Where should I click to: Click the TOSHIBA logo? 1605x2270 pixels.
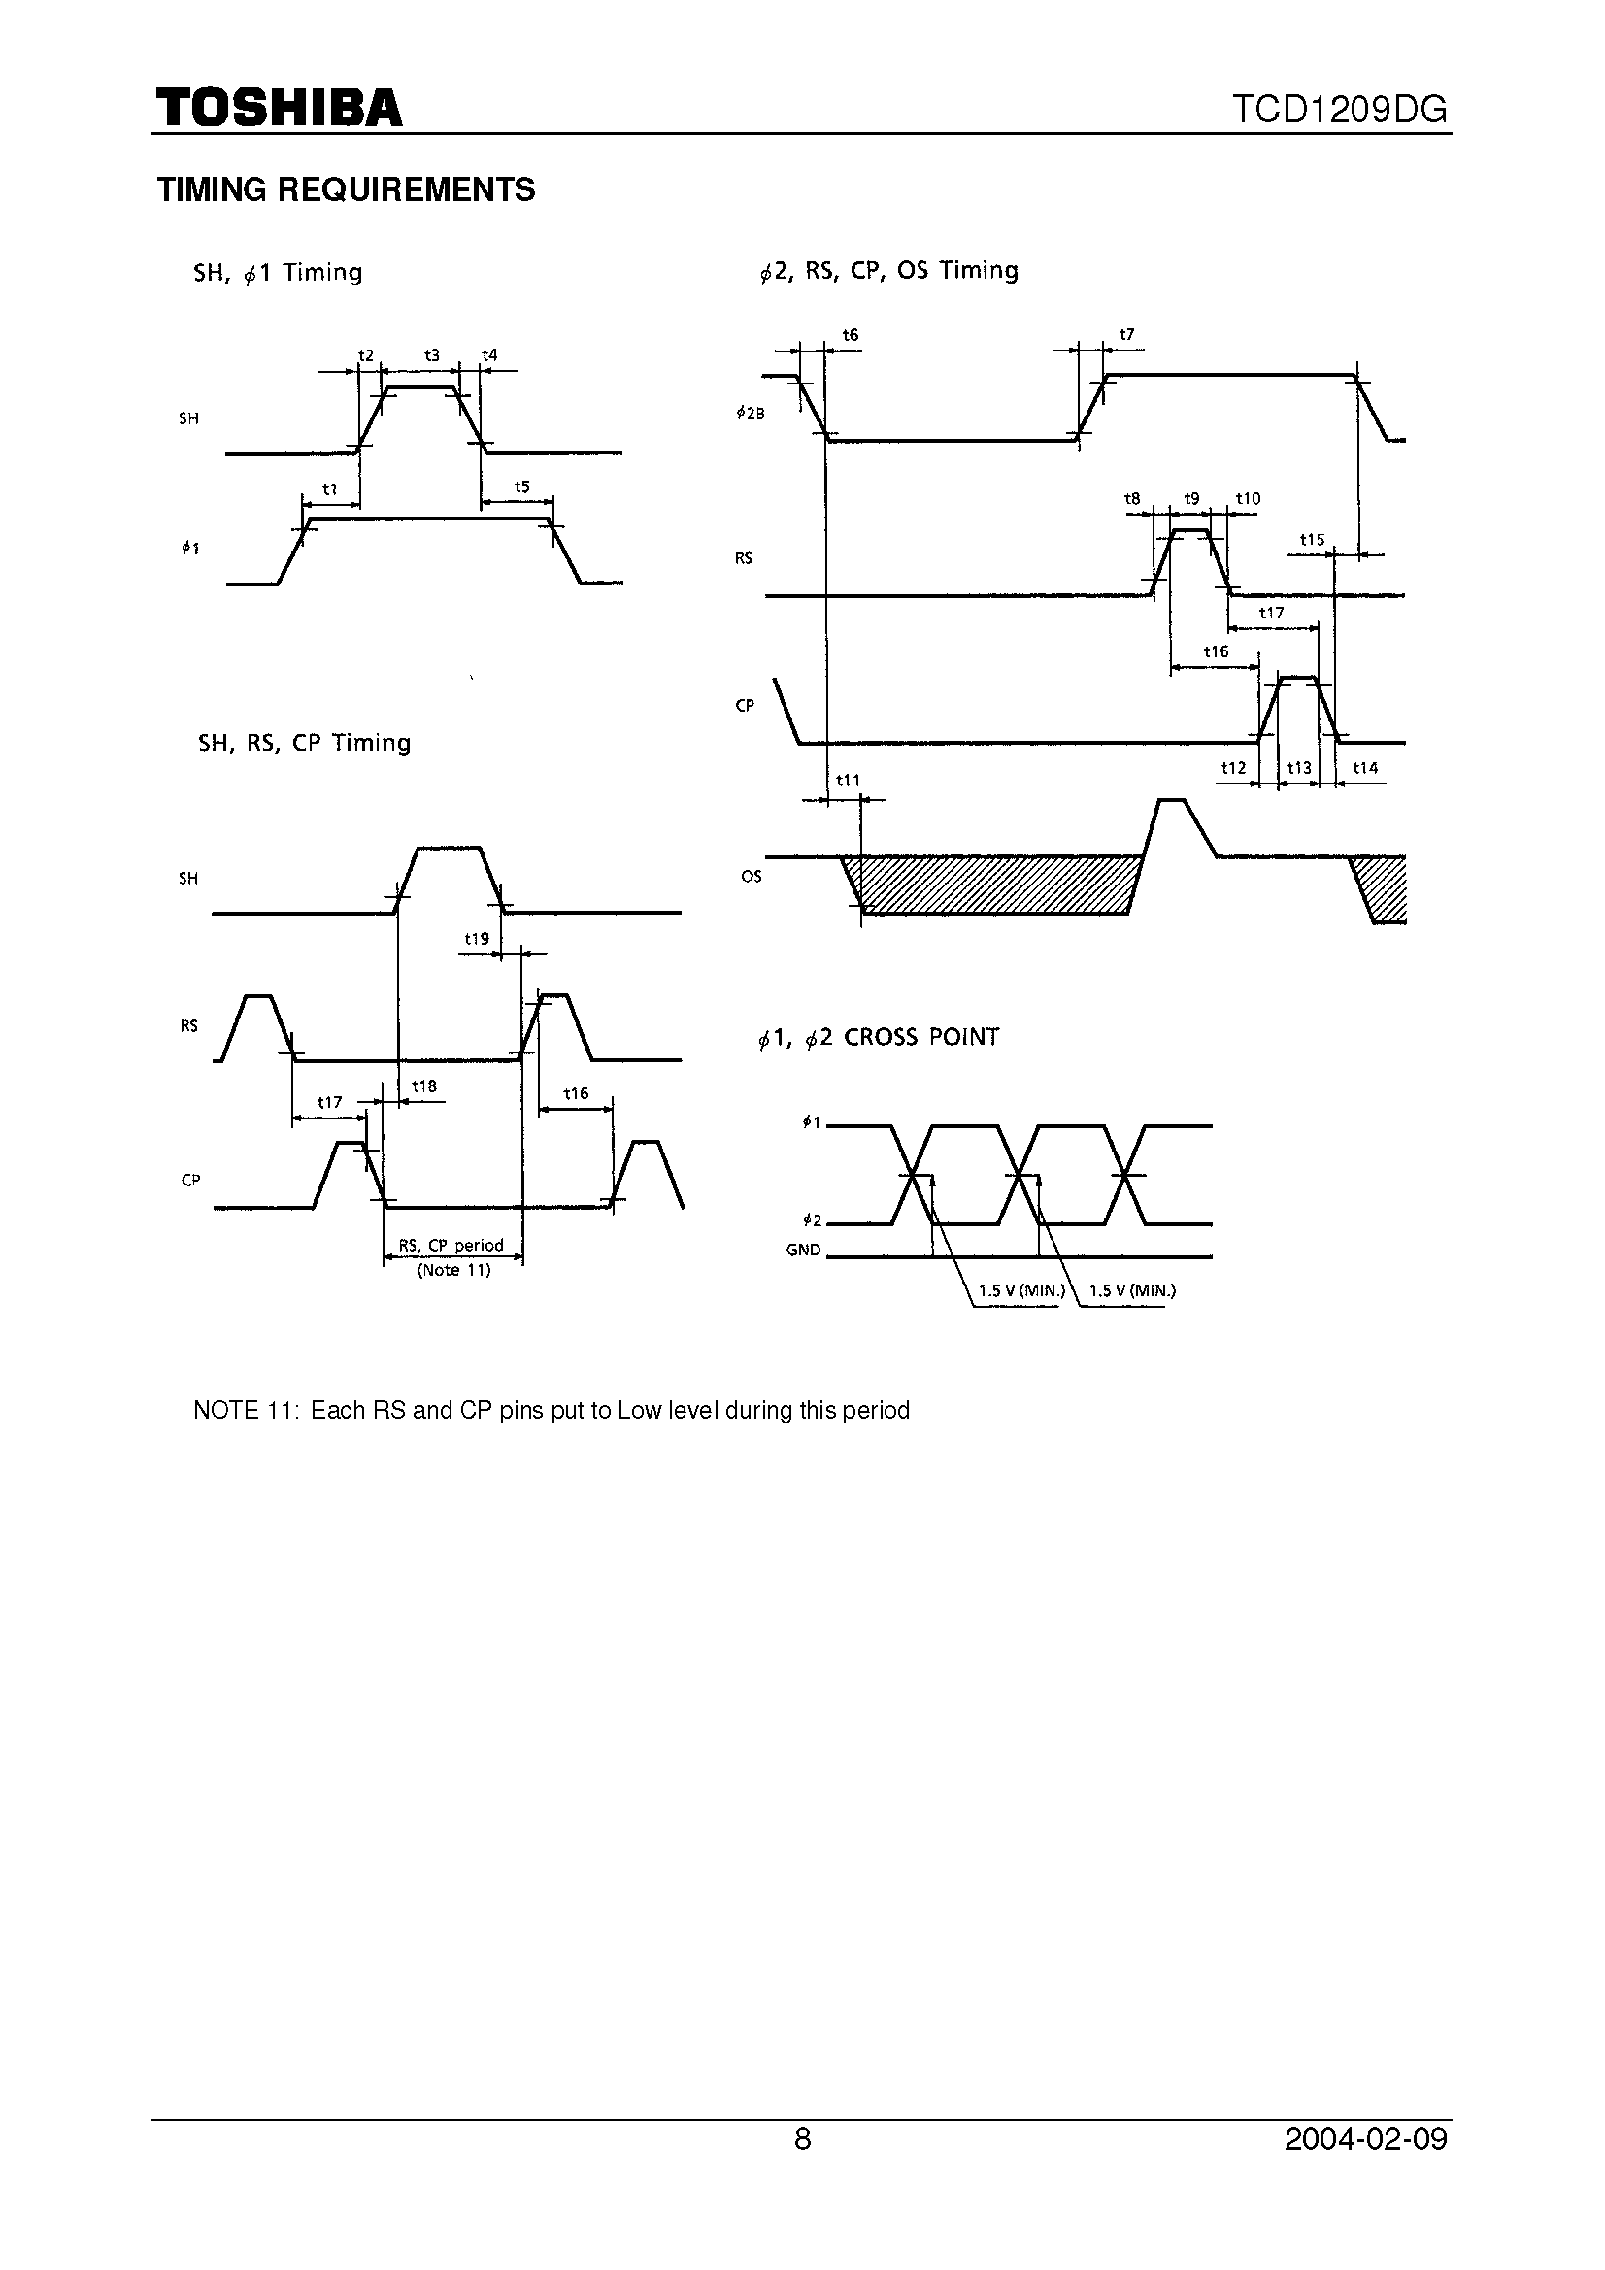click(279, 107)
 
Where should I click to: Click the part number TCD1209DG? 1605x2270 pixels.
click(1340, 110)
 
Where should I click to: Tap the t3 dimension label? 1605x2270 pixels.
click(431, 355)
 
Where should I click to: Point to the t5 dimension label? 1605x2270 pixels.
click(522, 486)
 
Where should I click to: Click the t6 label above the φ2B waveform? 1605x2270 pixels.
click(851, 335)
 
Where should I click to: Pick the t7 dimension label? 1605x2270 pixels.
click(1126, 335)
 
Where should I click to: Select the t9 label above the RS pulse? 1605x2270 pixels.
click(1191, 499)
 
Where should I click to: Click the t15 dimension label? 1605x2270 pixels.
click(1312, 540)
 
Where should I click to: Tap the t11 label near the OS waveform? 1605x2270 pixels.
click(848, 780)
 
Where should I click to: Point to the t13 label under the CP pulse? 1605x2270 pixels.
click(1298, 768)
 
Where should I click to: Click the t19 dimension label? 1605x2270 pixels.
click(477, 938)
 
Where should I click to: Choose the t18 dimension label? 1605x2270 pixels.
click(424, 1086)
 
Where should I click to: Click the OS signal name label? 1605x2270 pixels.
click(752, 876)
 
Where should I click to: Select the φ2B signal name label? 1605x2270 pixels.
click(751, 415)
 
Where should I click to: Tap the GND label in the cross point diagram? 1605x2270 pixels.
click(803, 1250)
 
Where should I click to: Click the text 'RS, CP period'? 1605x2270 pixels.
click(451, 1245)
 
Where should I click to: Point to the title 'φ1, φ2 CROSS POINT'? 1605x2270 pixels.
click(878, 1037)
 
